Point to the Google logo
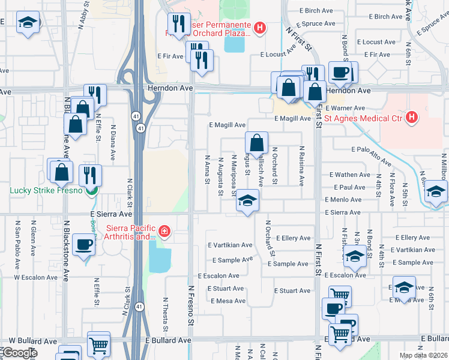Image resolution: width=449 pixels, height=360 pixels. coord(19,352)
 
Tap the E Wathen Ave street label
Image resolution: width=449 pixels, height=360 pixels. coord(350,175)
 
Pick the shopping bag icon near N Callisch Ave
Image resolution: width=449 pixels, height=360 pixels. coord(256,143)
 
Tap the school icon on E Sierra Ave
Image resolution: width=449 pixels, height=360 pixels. coord(246,200)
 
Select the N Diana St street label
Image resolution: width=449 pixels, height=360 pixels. coord(112,143)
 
